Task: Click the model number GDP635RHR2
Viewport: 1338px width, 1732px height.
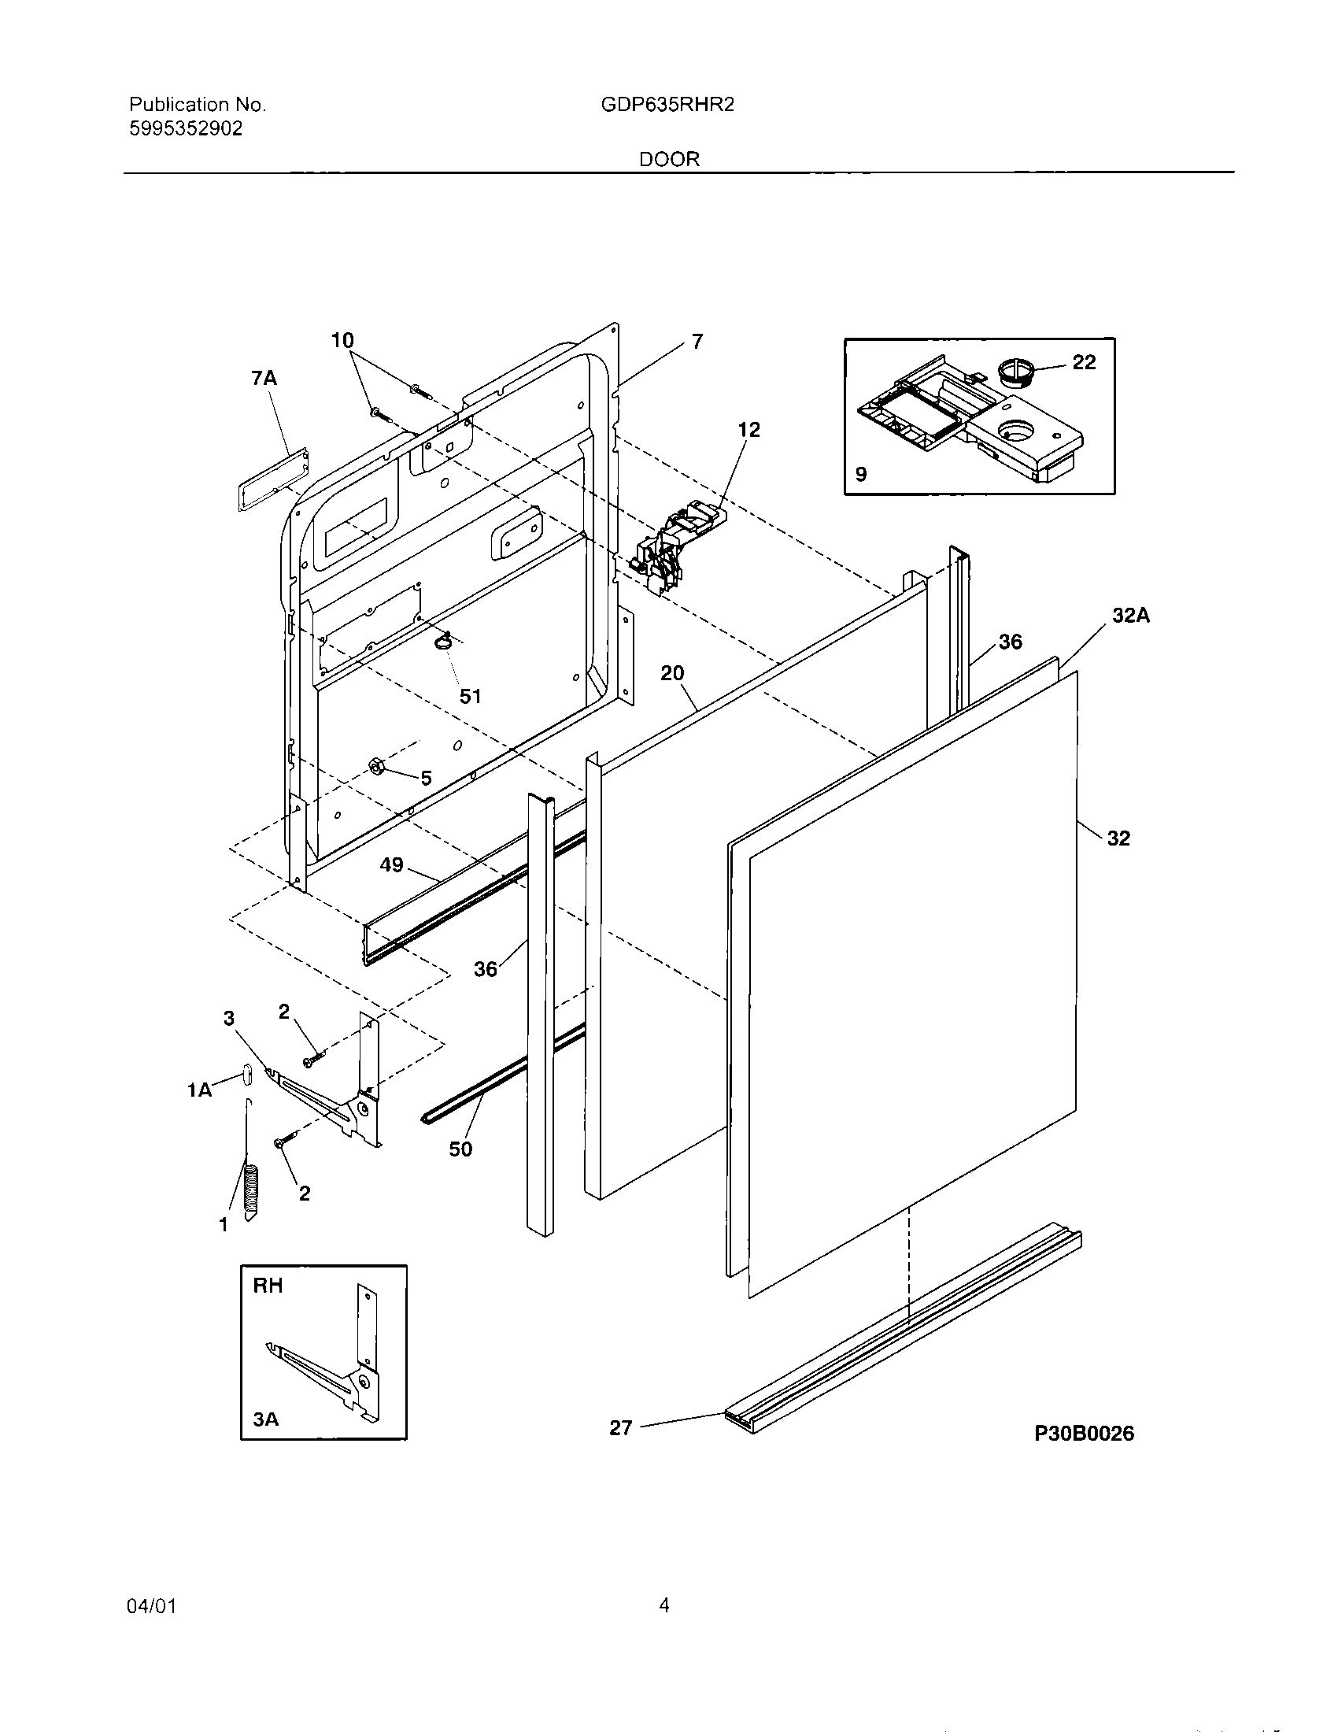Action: coord(667,105)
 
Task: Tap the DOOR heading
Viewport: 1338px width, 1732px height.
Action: coord(670,159)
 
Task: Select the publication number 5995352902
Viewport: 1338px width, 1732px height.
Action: coord(186,128)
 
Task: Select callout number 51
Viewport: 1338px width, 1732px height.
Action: coord(471,696)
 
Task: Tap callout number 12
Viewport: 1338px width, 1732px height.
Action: coord(748,429)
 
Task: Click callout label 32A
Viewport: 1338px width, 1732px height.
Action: coord(1130,616)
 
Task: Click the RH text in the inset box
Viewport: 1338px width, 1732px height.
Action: coord(268,1286)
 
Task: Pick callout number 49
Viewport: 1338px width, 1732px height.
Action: coord(392,864)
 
